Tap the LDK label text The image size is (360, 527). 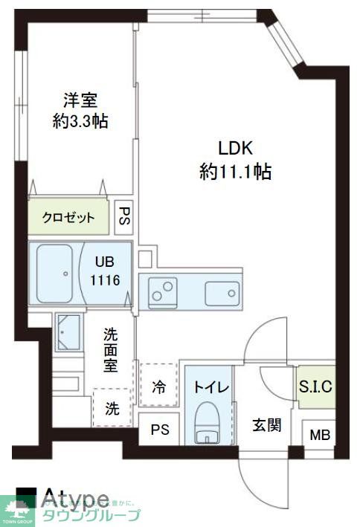(x=234, y=160)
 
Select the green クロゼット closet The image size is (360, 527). (x=68, y=217)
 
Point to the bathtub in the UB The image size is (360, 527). (x=54, y=272)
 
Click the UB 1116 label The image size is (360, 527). (x=105, y=272)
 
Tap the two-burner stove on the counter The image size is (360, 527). (x=163, y=291)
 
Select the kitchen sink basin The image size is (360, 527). (x=222, y=291)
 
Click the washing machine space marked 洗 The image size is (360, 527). (x=111, y=407)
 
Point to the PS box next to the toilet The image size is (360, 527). (x=158, y=430)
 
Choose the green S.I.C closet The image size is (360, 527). (x=315, y=387)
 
